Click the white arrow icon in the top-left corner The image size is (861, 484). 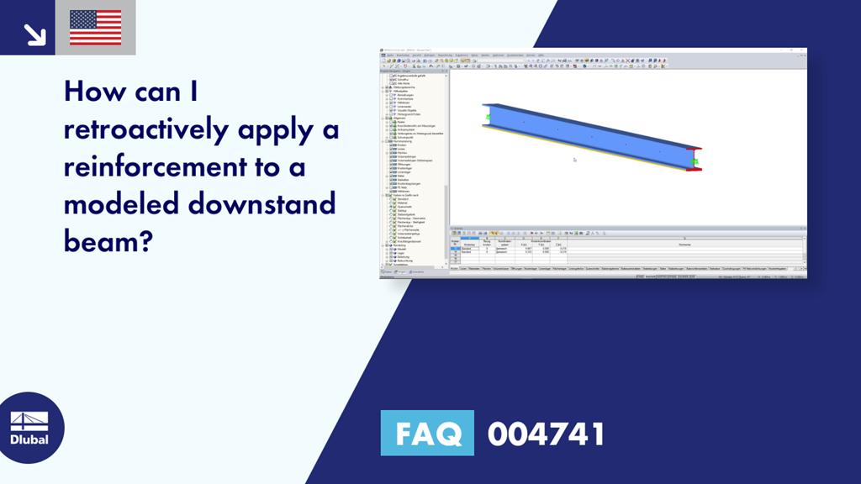(x=34, y=34)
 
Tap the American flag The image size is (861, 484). (x=95, y=28)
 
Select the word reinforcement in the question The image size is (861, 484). (x=159, y=166)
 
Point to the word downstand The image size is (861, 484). (x=270, y=203)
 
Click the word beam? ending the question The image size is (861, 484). (x=108, y=242)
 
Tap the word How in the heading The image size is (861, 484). (x=95, y=92)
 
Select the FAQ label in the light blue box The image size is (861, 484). (x=427, y=434)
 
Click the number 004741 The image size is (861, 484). (x=546, y=434)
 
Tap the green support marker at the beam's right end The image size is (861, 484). (x=695, y=160)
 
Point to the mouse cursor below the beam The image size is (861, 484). (x=575, y=159)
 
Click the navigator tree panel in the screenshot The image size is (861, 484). (x=414, y=168)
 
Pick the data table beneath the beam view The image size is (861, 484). (x=627, y=248)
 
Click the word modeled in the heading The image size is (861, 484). (x=124, y=203)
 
